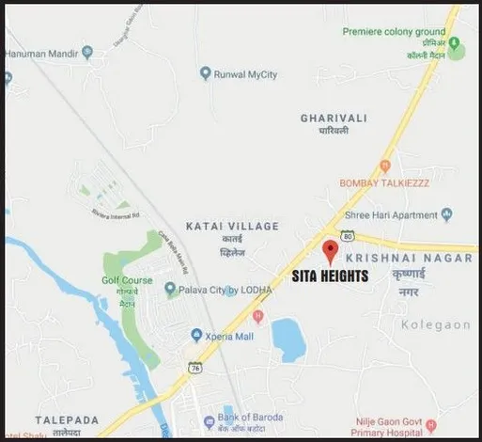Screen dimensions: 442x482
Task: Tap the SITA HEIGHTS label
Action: [332, 276]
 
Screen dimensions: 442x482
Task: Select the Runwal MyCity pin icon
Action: [206, 73]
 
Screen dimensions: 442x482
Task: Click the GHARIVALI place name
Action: [332, 118]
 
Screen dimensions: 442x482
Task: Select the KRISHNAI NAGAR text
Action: [395, 257]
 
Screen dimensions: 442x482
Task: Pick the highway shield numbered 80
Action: [348, 236]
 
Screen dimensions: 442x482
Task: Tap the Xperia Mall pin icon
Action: [196, 334]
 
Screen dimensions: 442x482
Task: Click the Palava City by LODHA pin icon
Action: [170, 289]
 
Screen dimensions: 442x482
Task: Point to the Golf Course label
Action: [126, 280]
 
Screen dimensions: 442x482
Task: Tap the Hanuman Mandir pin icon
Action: [87, 52]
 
